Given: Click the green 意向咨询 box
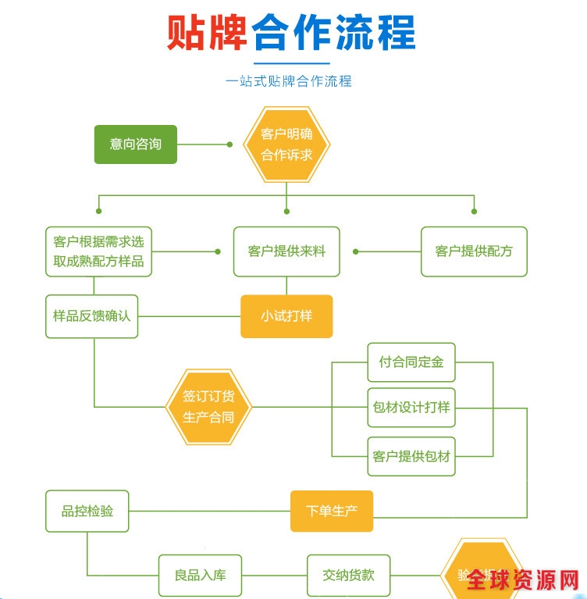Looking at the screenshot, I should click(136, 144).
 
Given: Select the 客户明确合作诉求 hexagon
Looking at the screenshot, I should click(286, 144).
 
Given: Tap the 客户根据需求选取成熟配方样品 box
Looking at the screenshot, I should click(98, 251).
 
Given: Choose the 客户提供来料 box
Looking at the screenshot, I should click(286, 251).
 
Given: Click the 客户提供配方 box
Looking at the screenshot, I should click(474, 251).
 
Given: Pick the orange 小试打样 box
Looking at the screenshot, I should click(286, 316).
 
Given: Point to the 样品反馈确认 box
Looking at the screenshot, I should click(91, 316).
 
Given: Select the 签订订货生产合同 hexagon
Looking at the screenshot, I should click(208, 407).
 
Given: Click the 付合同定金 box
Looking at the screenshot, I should click(411, 362).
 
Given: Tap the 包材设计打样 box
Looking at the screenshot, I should click(411, 407).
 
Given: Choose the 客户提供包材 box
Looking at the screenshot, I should click(411, 456).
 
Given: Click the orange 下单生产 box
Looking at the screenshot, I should click(332, 512).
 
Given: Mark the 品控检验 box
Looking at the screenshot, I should click(87, 512).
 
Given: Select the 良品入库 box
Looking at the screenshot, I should click(200, 576).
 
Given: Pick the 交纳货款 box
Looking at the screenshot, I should click(348, 576).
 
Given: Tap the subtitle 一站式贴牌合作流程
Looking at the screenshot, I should click(289, 80).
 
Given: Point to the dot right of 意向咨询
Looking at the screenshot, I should click(229, 144).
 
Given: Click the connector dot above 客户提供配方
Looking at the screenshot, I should click(474, 211).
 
